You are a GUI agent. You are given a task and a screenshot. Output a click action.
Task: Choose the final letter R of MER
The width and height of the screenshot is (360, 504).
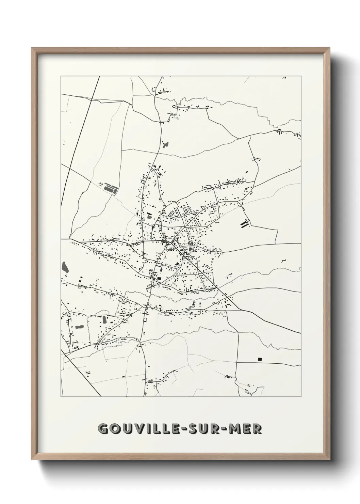point(258,429)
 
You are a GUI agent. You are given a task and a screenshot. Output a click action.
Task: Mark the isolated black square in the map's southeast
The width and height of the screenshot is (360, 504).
point(260,359)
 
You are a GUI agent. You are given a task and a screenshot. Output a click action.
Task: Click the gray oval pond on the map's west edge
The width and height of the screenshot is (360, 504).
point(65,267)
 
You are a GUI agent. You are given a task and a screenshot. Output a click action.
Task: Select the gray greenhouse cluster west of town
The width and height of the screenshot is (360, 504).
point(109,188)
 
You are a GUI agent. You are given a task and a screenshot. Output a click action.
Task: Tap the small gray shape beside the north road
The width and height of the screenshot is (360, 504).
point(166,145)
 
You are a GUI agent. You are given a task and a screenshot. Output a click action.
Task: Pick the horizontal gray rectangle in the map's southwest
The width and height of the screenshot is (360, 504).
point(80,327)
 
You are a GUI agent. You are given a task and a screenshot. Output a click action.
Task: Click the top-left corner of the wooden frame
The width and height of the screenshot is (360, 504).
point(32,48)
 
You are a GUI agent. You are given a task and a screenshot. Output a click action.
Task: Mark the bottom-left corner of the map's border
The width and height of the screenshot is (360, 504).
point(61,396)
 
